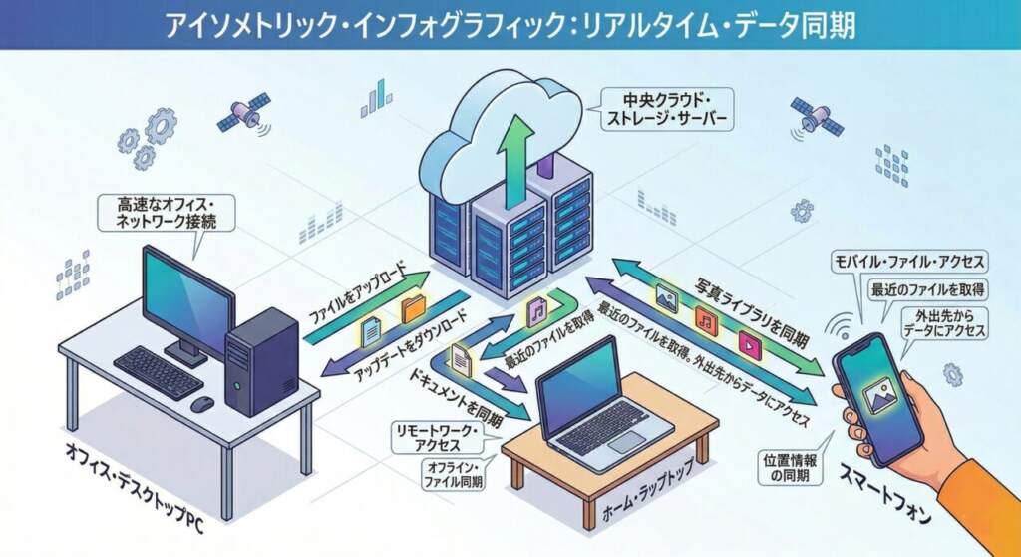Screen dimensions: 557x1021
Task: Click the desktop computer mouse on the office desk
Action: [x=202, y=403]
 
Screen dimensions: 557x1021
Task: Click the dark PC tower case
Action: [x=261, y=360]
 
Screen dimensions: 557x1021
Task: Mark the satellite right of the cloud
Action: [x=817, y=117]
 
